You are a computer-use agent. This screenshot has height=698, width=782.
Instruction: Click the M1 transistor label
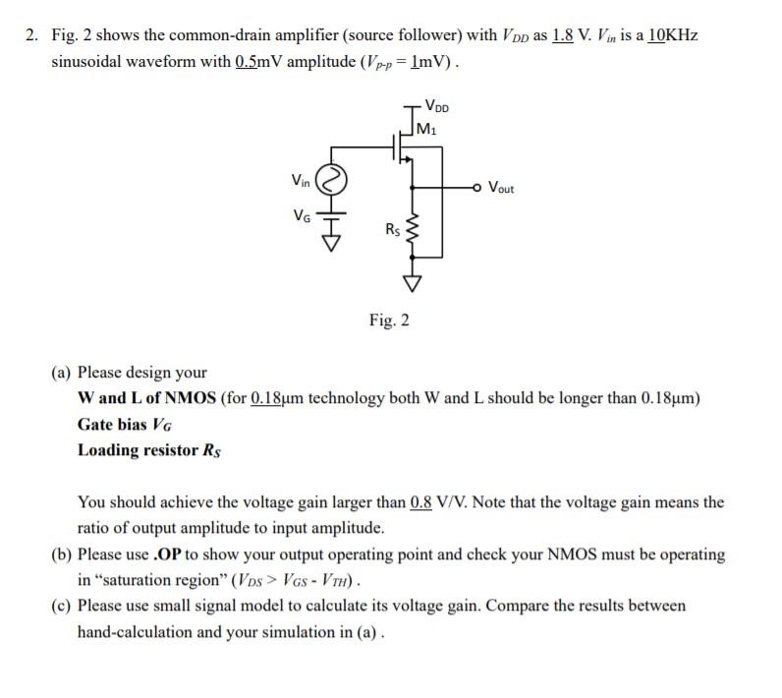click(x=427, y=126)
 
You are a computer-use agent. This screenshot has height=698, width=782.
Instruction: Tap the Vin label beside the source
click(x=301, y=180)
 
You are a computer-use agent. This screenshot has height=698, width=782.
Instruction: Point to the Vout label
click(x=500, y=188)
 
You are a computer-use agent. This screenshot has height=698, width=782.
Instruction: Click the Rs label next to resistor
click(x=392, y=230)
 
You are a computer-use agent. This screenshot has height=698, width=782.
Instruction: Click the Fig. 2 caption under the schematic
click(x=390, y=320)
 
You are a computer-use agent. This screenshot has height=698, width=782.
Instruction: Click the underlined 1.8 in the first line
click(x=563, y=36)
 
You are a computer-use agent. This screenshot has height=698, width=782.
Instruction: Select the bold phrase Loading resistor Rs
click(x=149, y=451)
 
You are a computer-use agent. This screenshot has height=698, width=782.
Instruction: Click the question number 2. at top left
click(x=32, y=36)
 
